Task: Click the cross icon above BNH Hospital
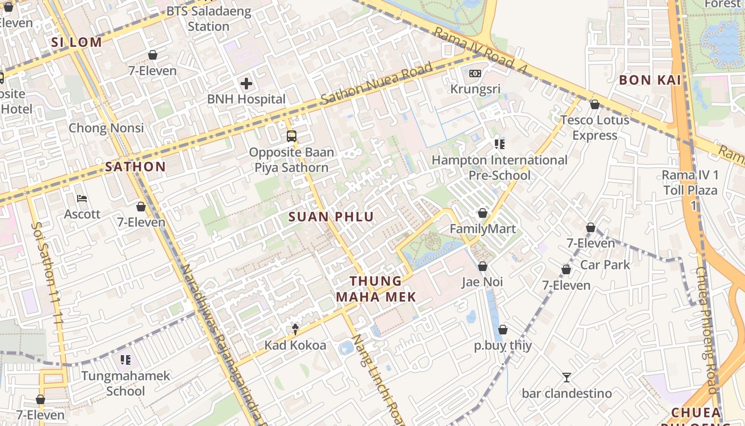246,83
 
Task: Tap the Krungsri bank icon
475,73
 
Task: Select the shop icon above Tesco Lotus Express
594,104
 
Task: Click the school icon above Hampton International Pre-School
499,144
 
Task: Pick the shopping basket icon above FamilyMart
483,213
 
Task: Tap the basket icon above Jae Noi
482,266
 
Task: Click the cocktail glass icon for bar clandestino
567,378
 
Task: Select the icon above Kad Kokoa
295,329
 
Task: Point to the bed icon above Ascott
82,199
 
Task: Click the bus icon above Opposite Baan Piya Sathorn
292,136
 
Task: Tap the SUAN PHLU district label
331,217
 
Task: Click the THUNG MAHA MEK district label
376,289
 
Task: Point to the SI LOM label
76,43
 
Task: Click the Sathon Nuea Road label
377,85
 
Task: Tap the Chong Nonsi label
106,128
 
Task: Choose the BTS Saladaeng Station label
209,19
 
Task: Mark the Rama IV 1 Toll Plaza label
690,183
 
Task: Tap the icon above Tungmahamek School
126,360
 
